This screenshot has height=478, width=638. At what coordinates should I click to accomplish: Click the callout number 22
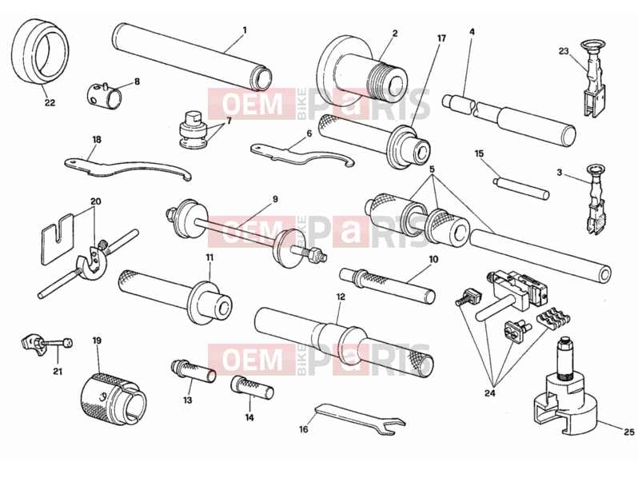[50, 103]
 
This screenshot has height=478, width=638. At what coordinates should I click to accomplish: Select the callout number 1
[245, 30]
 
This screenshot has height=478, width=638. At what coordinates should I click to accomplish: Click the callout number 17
[441, 38]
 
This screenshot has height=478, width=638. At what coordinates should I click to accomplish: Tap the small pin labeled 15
[520, 188]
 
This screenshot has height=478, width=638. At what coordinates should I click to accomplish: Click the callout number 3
[560, 173]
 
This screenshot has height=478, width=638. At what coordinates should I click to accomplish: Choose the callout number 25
[629, 432]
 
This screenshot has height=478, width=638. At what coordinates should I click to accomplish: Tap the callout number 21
[58, 371]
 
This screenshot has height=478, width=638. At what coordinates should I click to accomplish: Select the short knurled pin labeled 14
[253, 388]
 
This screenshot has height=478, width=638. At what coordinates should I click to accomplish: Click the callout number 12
[341, 297]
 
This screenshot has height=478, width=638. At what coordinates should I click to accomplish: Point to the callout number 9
[276, 199]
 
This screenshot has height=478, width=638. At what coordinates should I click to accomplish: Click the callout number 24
[490, 393]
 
